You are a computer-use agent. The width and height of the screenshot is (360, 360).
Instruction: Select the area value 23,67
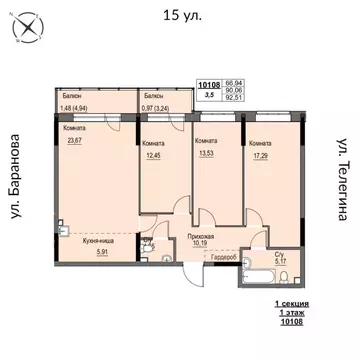click(72, 141)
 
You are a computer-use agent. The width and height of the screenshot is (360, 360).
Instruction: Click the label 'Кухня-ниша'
click(87, 241)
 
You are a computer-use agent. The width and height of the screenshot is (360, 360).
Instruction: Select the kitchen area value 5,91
click(87, 251)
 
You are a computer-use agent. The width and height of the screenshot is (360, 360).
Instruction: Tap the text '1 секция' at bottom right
click(290, 301)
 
